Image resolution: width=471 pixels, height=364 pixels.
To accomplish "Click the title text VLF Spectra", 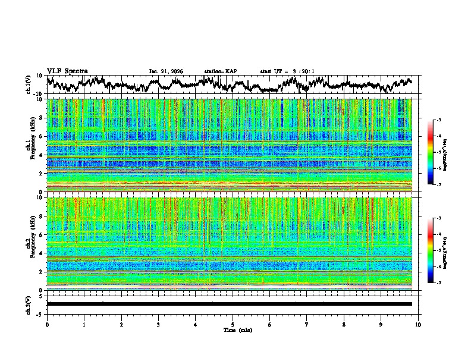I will click(67, 71).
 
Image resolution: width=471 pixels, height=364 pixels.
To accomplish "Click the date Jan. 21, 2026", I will click(166, 71).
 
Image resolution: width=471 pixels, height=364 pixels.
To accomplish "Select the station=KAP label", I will click(221, 71).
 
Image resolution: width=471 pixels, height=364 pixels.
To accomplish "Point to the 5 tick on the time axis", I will click(233, 324).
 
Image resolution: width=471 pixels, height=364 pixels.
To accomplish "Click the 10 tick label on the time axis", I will click(418, 324).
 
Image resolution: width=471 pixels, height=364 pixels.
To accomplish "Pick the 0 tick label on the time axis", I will click(47, 324).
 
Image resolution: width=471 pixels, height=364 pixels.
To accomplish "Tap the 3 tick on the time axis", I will click(158, 324).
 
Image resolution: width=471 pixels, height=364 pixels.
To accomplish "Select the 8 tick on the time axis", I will click(344, 324).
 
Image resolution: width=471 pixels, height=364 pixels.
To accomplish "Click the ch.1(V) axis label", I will click(29, 84).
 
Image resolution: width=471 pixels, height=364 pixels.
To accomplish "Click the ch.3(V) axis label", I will click(29, 304).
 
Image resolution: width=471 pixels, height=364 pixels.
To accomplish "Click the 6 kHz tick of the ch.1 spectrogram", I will click(40, 136).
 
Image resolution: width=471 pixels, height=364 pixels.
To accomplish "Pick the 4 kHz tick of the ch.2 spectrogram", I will click(40, 253).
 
